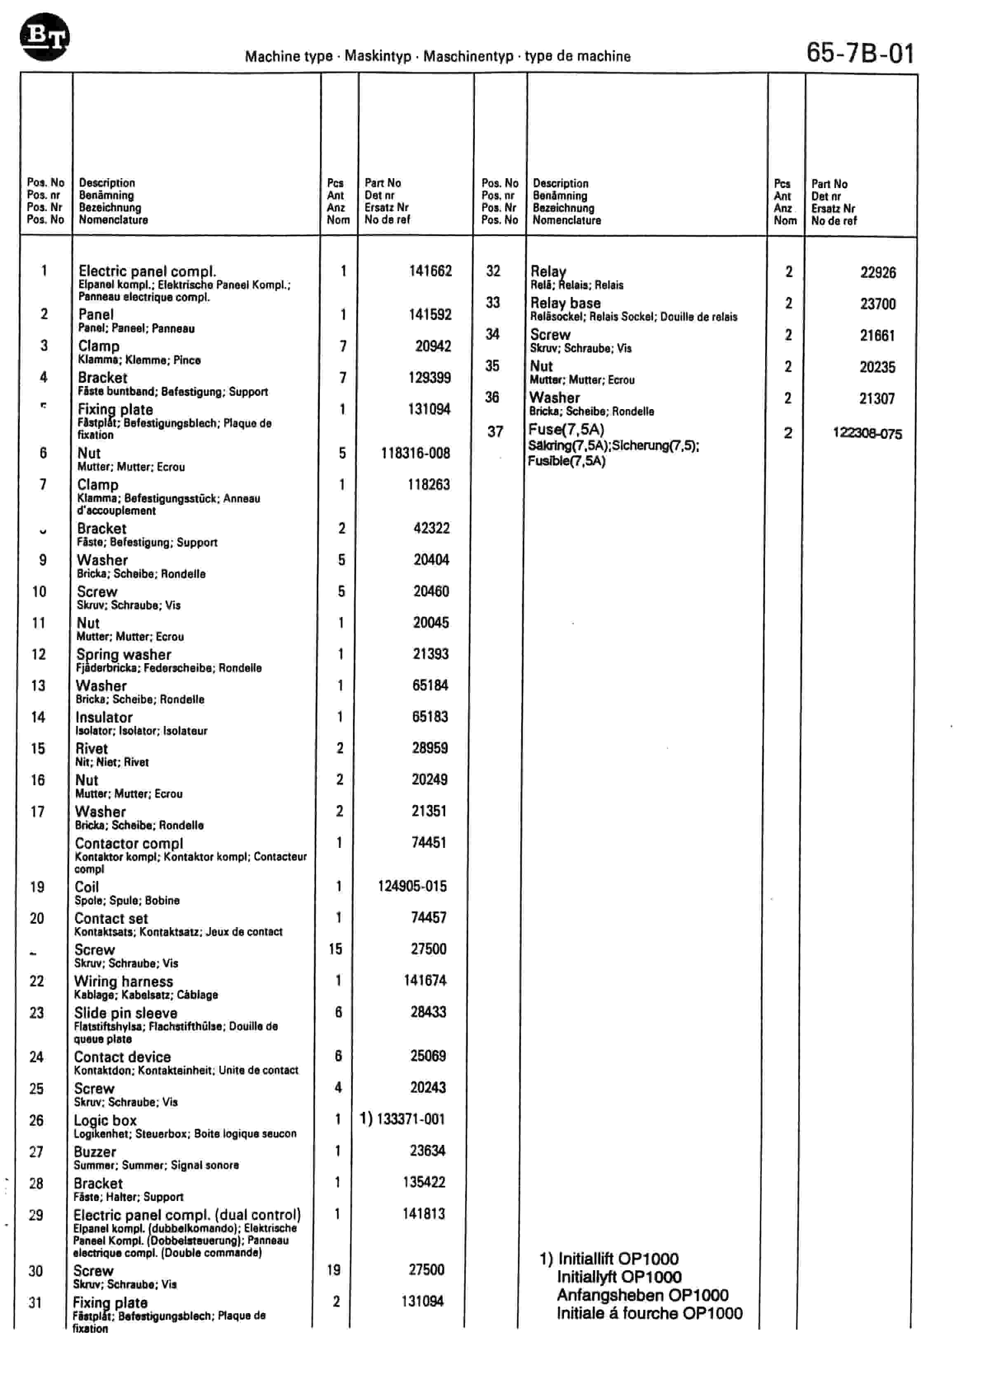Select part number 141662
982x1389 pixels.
click(430, 271)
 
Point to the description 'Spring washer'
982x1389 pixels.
click(123, 654)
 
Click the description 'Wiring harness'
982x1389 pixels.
click(123, 981)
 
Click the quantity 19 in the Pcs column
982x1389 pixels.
click(334, 1270)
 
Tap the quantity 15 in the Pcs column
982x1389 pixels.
click(336, 949)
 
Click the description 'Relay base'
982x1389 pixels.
click(565, 303)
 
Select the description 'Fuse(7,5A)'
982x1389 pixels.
click(566, 429)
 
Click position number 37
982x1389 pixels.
click(495, 431)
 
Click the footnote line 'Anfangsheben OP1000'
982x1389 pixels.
click(642, 1295)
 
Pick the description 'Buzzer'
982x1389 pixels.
click(95, 1152)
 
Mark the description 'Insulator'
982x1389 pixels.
click(104, 718)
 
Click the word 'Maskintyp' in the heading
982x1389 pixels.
click(378, 56)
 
